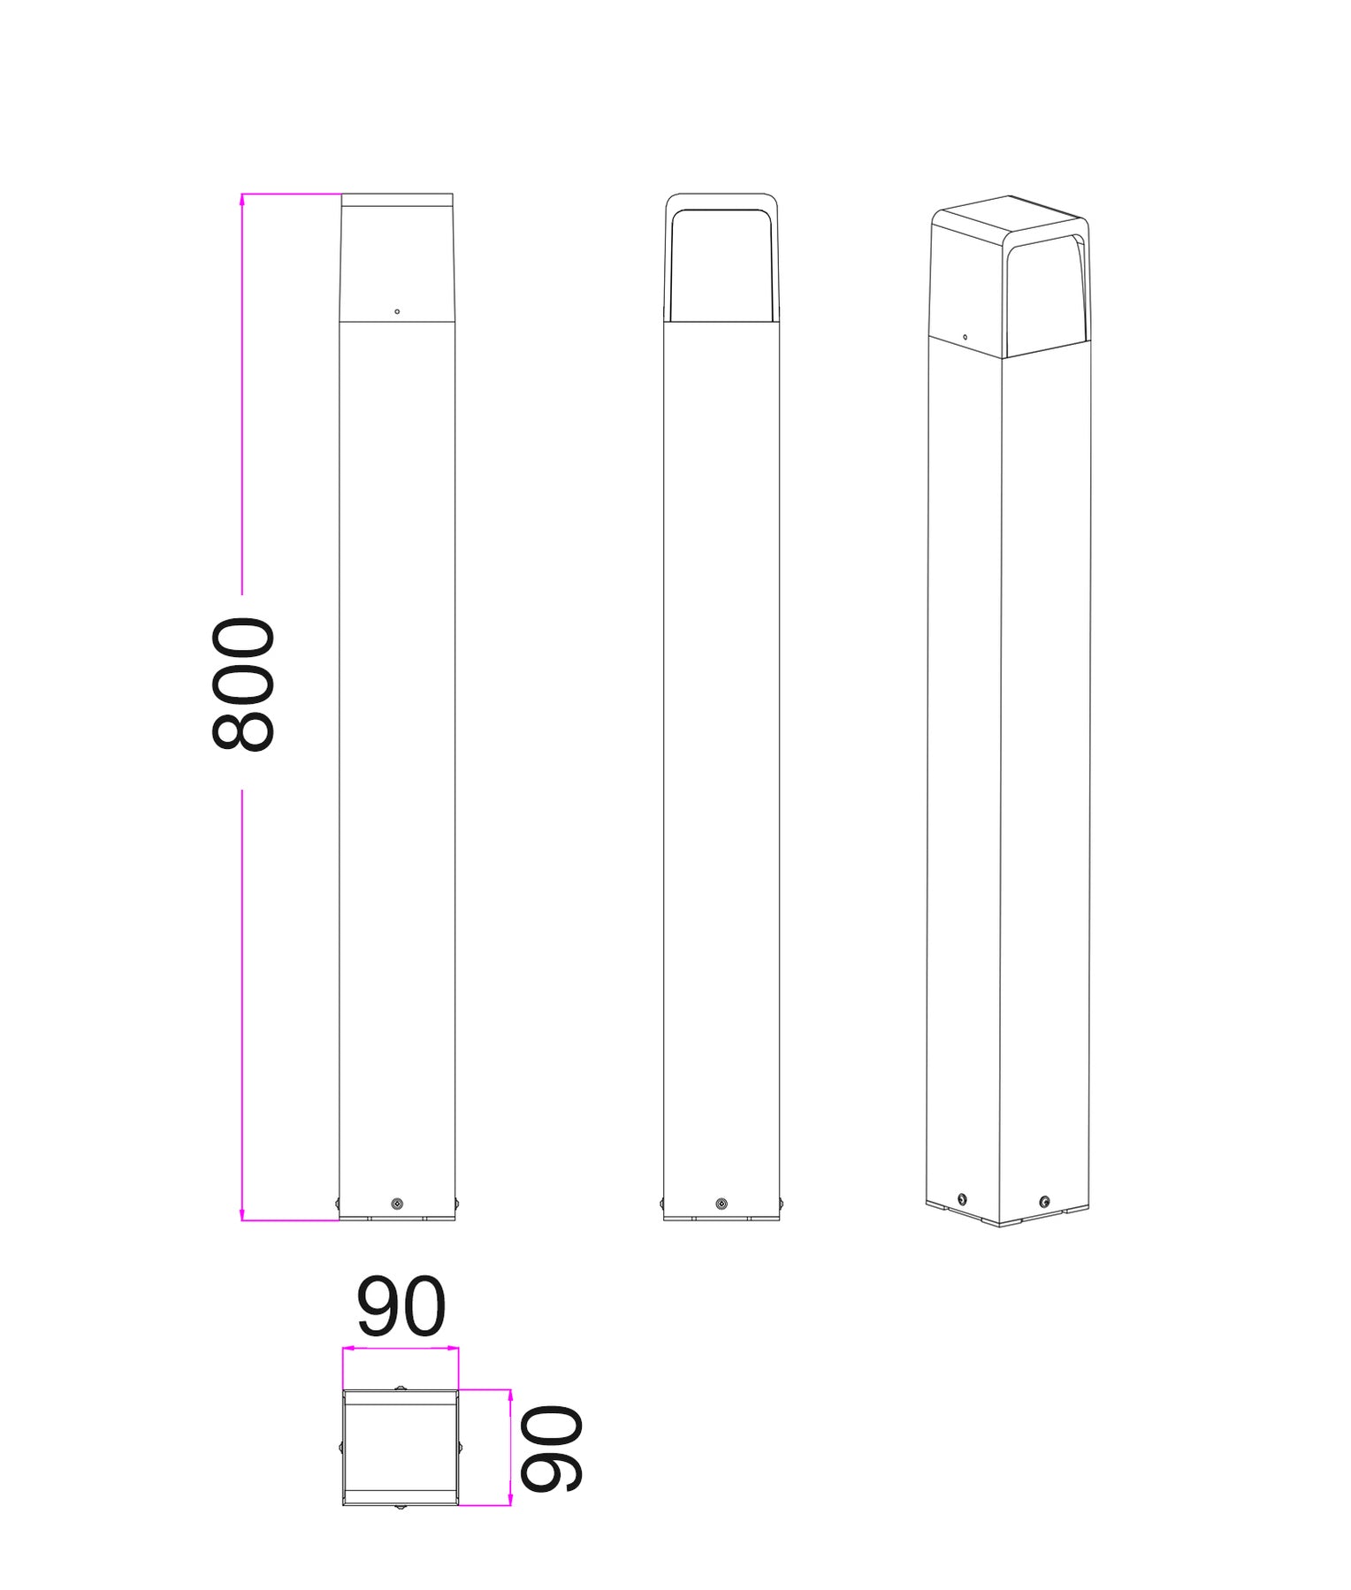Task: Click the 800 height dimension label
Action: [243, 685]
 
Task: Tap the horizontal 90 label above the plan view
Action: [401, 1307]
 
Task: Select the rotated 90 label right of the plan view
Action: [550, 1449]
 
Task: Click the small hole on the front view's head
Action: [397, 311]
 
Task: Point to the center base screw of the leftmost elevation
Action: [397, 1204]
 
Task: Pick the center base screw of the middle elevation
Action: [721, 1204]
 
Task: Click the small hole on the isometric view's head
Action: [965, 337]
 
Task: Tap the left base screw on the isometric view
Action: [962, 1200]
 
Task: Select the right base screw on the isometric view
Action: [1044, 1201]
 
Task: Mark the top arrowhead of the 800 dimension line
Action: [242, 199]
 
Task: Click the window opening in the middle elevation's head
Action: [721, 265]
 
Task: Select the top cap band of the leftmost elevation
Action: [397, 200]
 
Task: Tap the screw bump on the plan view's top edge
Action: [401, 1388]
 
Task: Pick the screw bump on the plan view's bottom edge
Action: [401, 1506]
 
